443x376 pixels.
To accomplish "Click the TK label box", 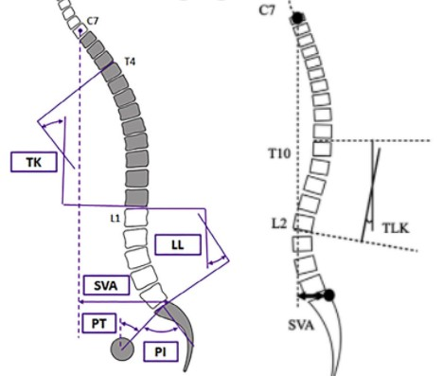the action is pyautogui.click(x=34, y=162).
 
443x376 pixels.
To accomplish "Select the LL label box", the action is pyautogui.click(x=178, y=244).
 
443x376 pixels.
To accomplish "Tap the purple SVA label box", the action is pyautogui.click(x=106, y=285).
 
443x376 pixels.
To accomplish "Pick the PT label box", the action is pyautogui.click(x=99, y=323).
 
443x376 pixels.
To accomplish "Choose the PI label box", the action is pyautogui.click(x=161, y=351).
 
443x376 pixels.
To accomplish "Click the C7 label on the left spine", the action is pyautogui.click(x=93, y=21).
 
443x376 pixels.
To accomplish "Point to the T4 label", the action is pyautogui.click(x=130, y=62).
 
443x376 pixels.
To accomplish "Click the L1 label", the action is pyautogui.click(x=115, y=218).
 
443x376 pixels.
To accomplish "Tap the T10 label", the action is pyautogui.click(x=279, y=153).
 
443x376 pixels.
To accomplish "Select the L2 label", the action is pyautogui.click(x=279, y=224).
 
